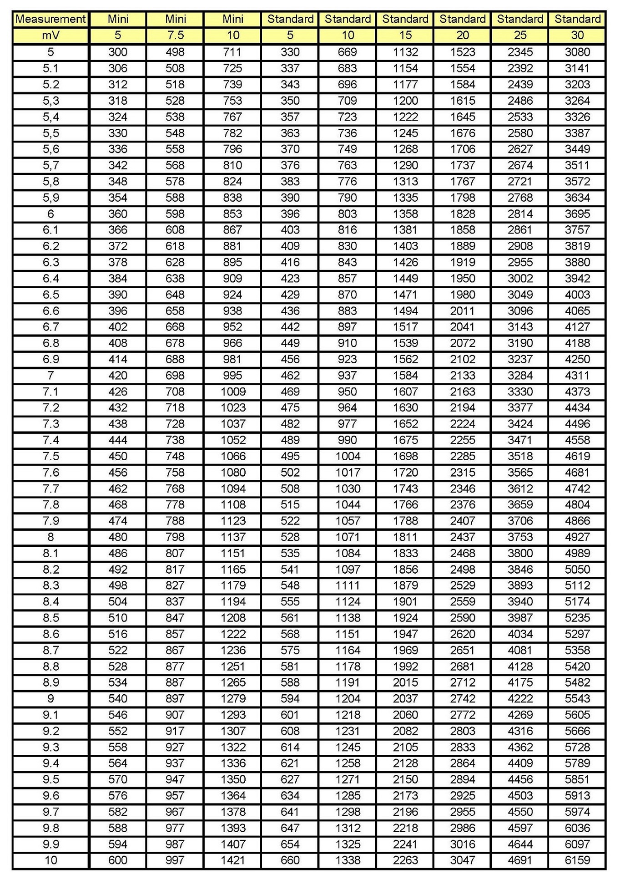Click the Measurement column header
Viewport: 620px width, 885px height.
50,19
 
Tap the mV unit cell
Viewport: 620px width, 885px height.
50,36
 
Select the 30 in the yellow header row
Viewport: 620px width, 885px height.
577,36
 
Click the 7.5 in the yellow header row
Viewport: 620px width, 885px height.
175,36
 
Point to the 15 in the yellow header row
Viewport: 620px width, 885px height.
405,36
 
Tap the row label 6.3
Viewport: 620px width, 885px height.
50,262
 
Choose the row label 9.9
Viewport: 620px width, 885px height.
50,844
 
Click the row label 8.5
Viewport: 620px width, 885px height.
50,618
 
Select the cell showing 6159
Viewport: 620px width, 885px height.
577,860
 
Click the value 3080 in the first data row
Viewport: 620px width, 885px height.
577,52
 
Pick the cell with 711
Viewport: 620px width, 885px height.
232,52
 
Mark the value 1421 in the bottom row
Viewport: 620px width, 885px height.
233,860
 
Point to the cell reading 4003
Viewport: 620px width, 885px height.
577,295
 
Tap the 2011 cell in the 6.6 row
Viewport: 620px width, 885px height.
463,311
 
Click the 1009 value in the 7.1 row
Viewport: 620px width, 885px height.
233,392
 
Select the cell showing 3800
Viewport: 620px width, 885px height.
520,553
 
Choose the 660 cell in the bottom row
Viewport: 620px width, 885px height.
290,860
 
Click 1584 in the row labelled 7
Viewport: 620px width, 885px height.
405,376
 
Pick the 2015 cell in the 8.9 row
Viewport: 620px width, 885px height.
405,682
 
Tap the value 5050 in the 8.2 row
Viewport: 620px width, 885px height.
577,570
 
